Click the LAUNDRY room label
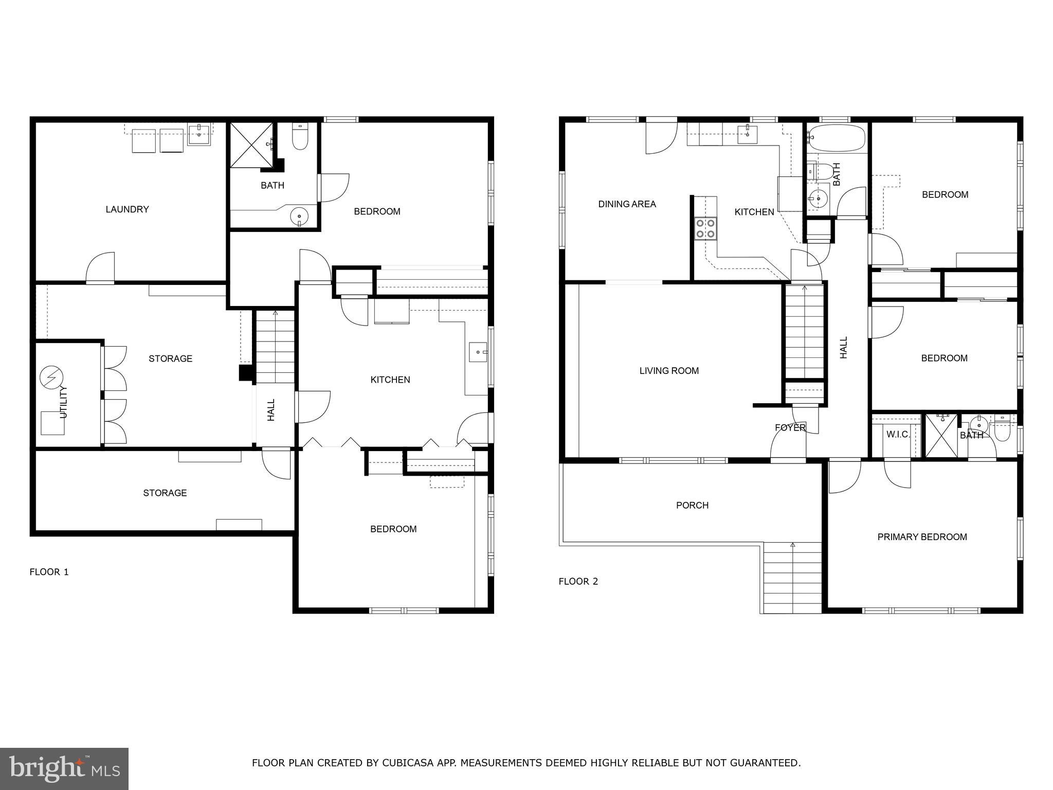pos(127,209)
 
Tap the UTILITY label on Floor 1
pos(64,402)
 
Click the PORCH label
pos(692,506)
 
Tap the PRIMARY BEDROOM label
pos(922,537)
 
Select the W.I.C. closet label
pos(898,435)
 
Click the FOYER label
pos(790,428)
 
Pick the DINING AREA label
pos(627,204)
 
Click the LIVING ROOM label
pos(669,371)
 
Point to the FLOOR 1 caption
pos(49,572)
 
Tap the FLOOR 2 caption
pos(578,582)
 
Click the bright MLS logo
pos(64,768)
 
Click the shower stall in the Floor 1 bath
pos(251,145)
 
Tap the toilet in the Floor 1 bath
pos(299,138)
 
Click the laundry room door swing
pos(101,267)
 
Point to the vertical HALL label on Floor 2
pos(844,348)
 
